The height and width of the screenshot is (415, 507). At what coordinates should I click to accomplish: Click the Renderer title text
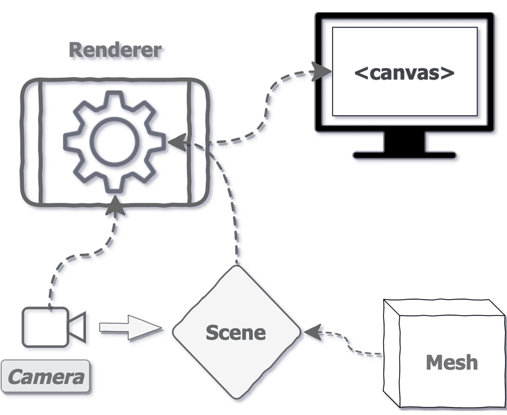click(x=115, y=50)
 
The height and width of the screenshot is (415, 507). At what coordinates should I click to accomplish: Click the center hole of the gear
click(x=115, y=141)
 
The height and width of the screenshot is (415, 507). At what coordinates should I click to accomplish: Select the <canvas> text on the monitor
click(x=404, y=72)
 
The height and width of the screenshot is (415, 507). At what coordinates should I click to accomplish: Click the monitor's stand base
click(x=405, y=153)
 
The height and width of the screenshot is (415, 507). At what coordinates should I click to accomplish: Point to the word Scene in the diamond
click(x=236, y=332)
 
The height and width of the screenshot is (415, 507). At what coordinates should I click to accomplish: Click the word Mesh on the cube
click(x=452, y=362)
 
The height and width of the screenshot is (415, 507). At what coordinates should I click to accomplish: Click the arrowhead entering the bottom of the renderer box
click(x=115, y=207)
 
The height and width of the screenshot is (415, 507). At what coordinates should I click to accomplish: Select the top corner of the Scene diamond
click(x=236, y=267)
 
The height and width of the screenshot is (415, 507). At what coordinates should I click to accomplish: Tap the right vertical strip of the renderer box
click(x=197, y=141)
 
